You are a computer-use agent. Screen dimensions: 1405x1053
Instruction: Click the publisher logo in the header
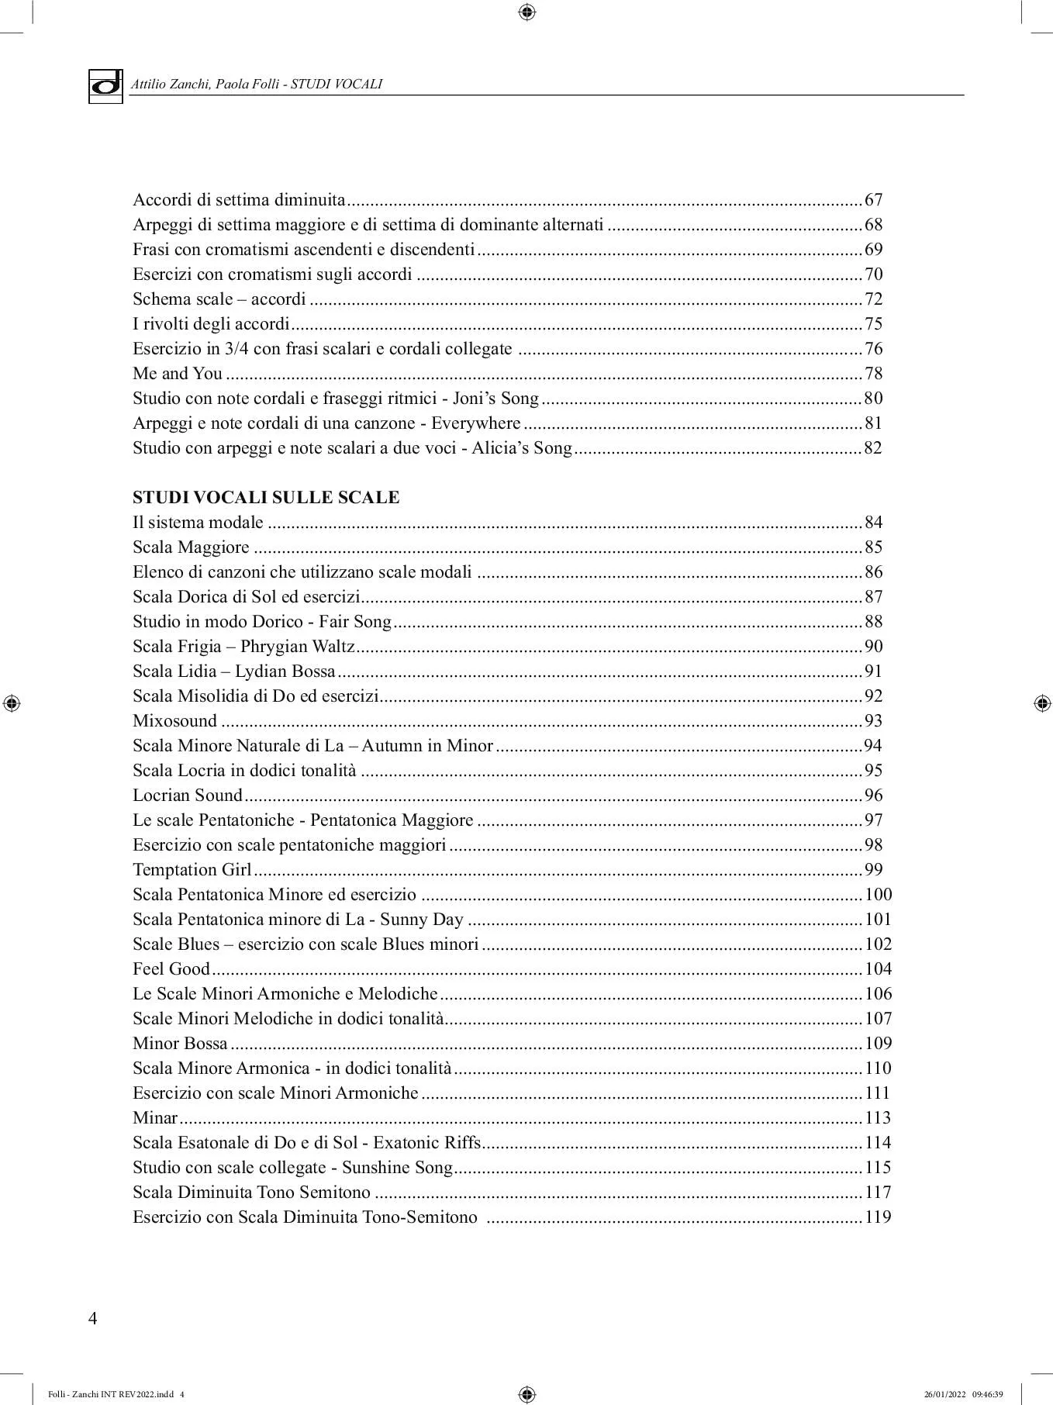point(105,85)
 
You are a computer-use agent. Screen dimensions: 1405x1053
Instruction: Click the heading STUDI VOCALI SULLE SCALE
point(266,498)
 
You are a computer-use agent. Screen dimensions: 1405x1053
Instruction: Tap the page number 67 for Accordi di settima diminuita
point(873,200)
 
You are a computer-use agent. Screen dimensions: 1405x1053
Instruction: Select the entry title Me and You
point(178,374)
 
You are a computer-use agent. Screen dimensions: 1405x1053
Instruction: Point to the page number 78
point(873,374)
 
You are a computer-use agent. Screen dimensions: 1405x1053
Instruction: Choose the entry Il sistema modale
point(198,523)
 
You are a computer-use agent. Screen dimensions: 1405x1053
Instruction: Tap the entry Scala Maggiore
point(191,547)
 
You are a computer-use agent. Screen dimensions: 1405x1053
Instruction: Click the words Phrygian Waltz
point(298,647)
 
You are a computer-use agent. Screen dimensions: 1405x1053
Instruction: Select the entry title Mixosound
point(174,721)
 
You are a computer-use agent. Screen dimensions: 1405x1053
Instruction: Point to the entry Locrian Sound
point(188,796)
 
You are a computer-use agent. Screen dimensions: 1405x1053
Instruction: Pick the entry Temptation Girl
point(192,870)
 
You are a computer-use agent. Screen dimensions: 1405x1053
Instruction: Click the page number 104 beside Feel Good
point(878,969)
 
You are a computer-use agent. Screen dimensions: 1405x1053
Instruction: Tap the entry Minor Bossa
point(180,1044)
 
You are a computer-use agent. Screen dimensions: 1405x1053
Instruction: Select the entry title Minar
point(155,1118)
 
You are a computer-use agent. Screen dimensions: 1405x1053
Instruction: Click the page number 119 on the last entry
point(878,1217)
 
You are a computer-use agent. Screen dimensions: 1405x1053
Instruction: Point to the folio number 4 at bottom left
point(93,1319)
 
